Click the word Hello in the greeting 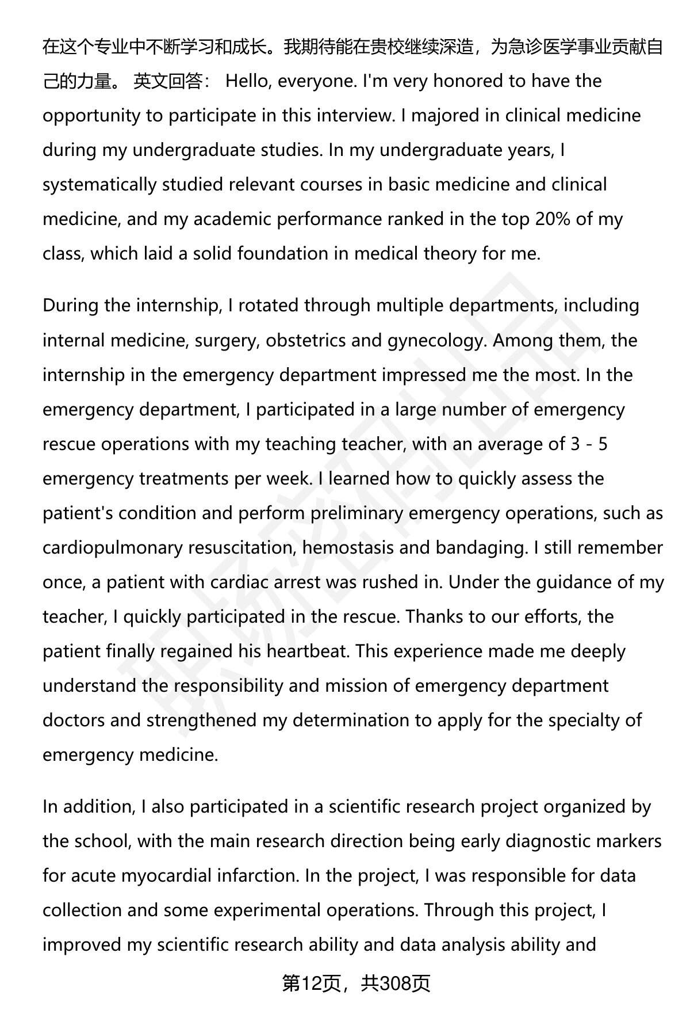pyautogui.click(x=250, y=81)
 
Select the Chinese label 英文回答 pyautogui.click(x=171, y=81)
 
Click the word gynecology pyautogui.click(x=435, y=340)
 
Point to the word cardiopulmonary pyautogui.click(x=113, y=547)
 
